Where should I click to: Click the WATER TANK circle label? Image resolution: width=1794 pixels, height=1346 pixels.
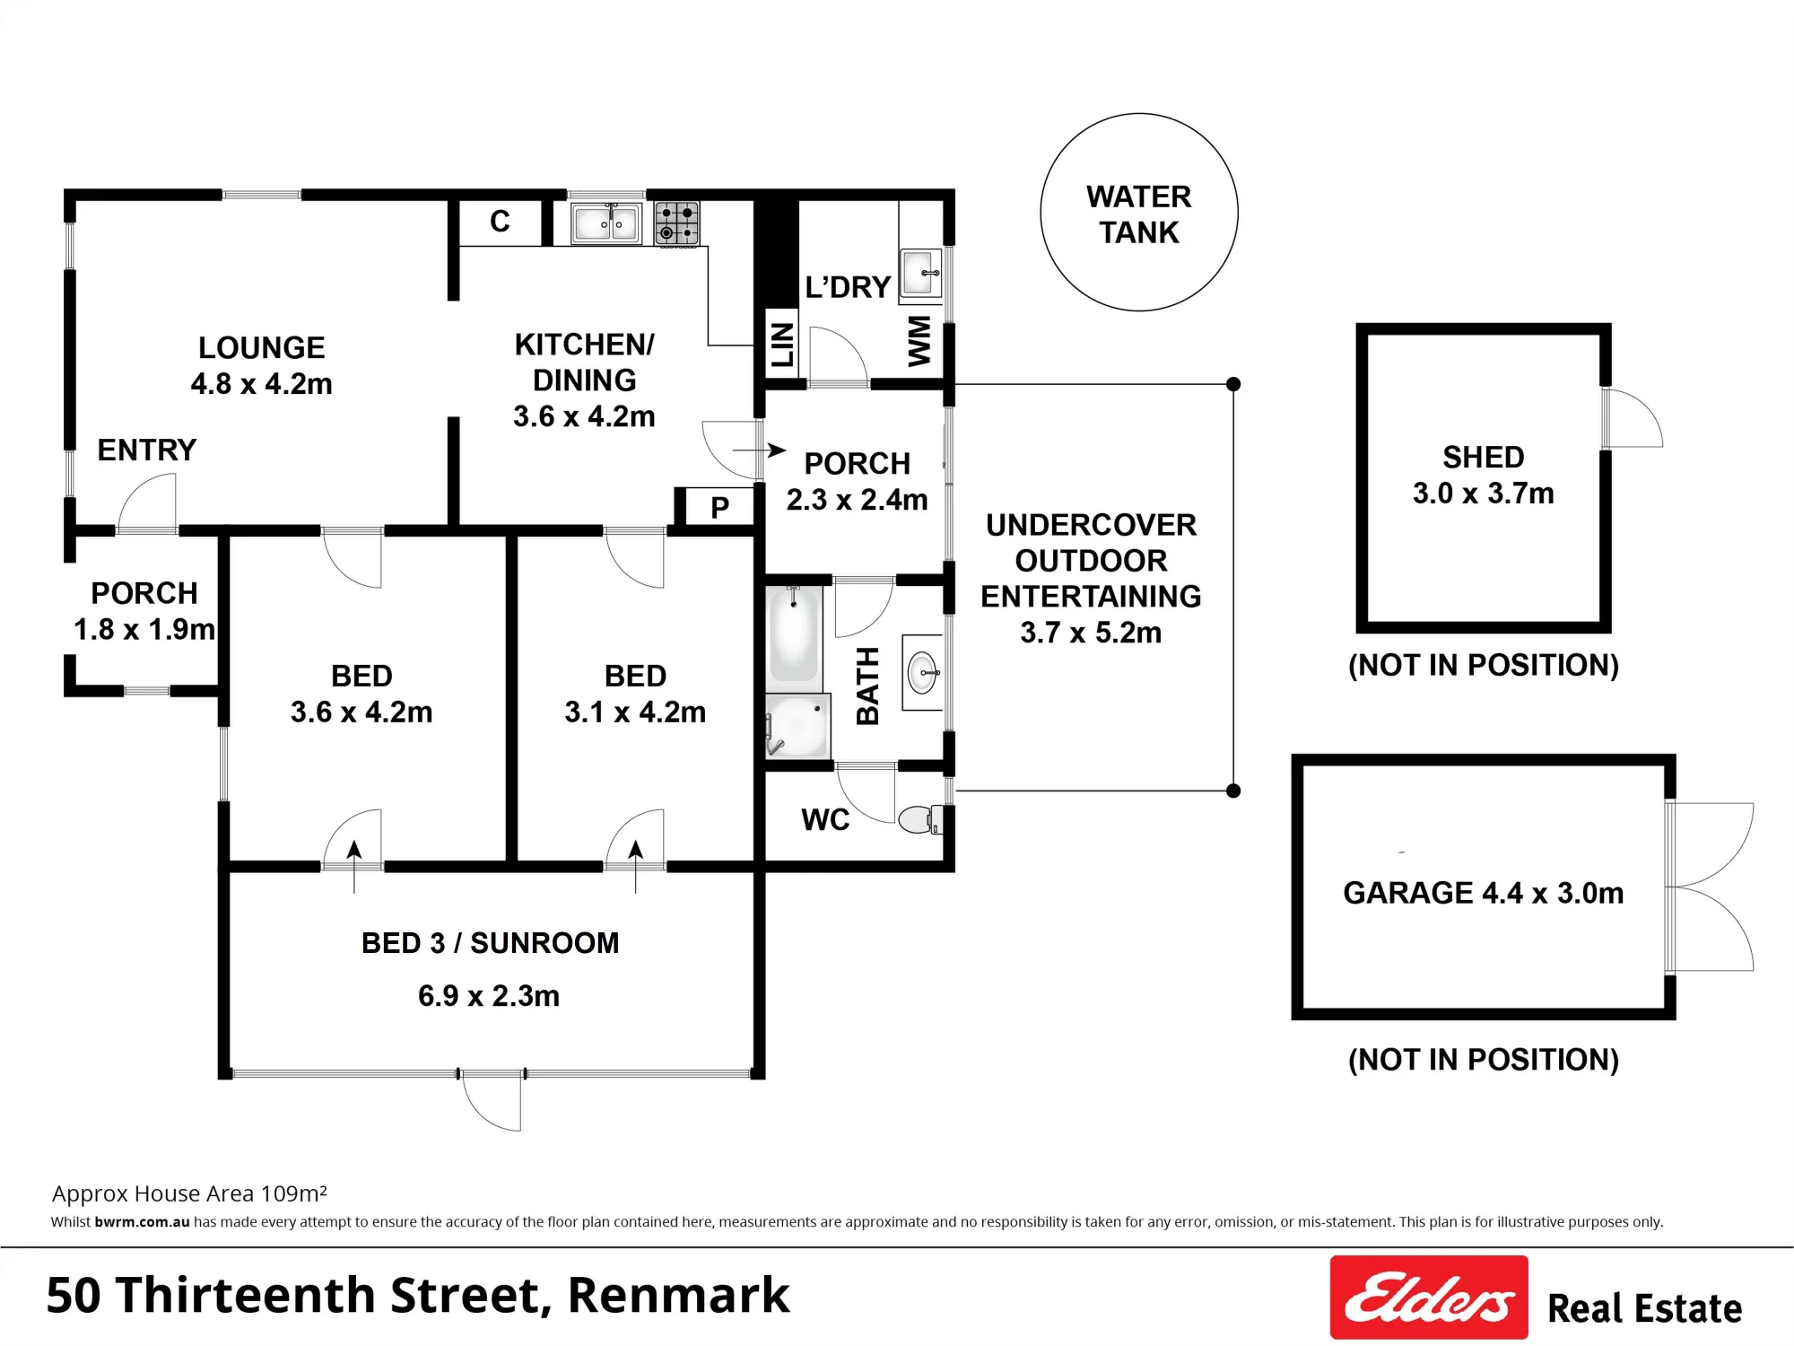coord(1139,214)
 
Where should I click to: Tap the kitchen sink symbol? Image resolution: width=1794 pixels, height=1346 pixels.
coord(606,223)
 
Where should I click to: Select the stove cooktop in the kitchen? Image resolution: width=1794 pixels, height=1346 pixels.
coord(676,223)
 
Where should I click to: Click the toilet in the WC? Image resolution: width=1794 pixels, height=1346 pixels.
coord(920,819)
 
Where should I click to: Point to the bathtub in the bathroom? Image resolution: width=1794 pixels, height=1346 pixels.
coord(794,634)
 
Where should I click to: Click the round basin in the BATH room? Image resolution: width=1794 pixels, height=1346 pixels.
coord(923,672)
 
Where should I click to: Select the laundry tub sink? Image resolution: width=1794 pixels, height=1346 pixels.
coord(921,273)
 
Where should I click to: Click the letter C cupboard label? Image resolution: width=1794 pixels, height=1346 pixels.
coord(500,222)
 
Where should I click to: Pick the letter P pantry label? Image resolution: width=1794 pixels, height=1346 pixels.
coord(719,508)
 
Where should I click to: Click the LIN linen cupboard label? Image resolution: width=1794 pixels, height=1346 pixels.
coord(782,345)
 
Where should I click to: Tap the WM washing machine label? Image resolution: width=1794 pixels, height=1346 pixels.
coord(919,341)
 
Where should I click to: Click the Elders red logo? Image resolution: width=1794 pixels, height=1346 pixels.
coord(1429,1297)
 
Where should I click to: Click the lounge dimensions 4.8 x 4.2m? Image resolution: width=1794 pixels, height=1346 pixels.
coord(261,384)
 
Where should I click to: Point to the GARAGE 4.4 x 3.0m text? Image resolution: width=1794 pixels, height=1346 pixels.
coord(1484,893)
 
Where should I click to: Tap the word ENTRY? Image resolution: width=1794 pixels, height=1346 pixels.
coord(147,450)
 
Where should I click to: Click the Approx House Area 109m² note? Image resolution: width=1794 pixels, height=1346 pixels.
coord(189,1193)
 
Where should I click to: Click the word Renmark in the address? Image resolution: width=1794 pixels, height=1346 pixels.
coord(679,1295)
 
